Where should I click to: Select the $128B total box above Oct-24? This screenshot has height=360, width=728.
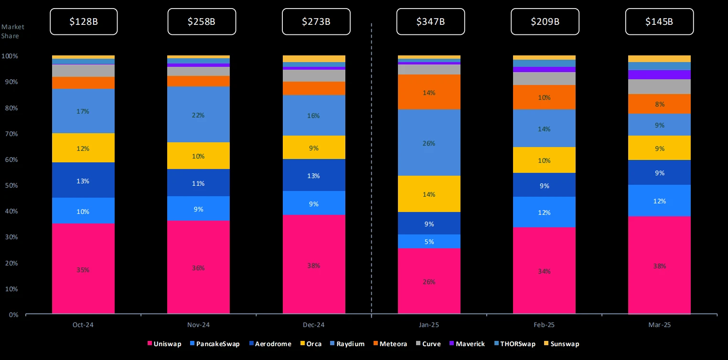coord(84,21)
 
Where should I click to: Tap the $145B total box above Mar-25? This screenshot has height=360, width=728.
coord(659,21)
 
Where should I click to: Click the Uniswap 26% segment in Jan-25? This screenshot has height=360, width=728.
coord(429,281)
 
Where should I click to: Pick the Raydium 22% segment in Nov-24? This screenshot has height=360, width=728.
coord(198,115)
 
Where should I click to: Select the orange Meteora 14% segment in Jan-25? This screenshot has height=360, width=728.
coord(429,92)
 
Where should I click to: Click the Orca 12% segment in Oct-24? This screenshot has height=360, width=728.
coord(83,148)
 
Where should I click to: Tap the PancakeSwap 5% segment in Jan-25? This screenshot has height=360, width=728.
coord(429,242)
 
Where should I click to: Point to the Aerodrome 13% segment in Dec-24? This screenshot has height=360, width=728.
coord(314,175)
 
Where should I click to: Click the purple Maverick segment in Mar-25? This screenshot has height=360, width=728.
coord(659,74)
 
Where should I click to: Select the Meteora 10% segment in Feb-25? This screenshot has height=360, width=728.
coord(544,97)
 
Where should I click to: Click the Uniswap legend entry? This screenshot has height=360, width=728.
coord(164,344)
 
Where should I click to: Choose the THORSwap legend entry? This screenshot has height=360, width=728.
coord(516,344)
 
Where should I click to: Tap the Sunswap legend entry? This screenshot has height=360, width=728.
coord(562,344)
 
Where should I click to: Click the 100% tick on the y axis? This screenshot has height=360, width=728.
coord(10,56)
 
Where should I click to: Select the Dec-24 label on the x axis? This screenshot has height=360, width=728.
coord(314,325)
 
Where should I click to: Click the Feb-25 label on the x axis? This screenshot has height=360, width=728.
coord(544,325)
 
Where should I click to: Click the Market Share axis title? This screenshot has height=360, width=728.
coord(12,32)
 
